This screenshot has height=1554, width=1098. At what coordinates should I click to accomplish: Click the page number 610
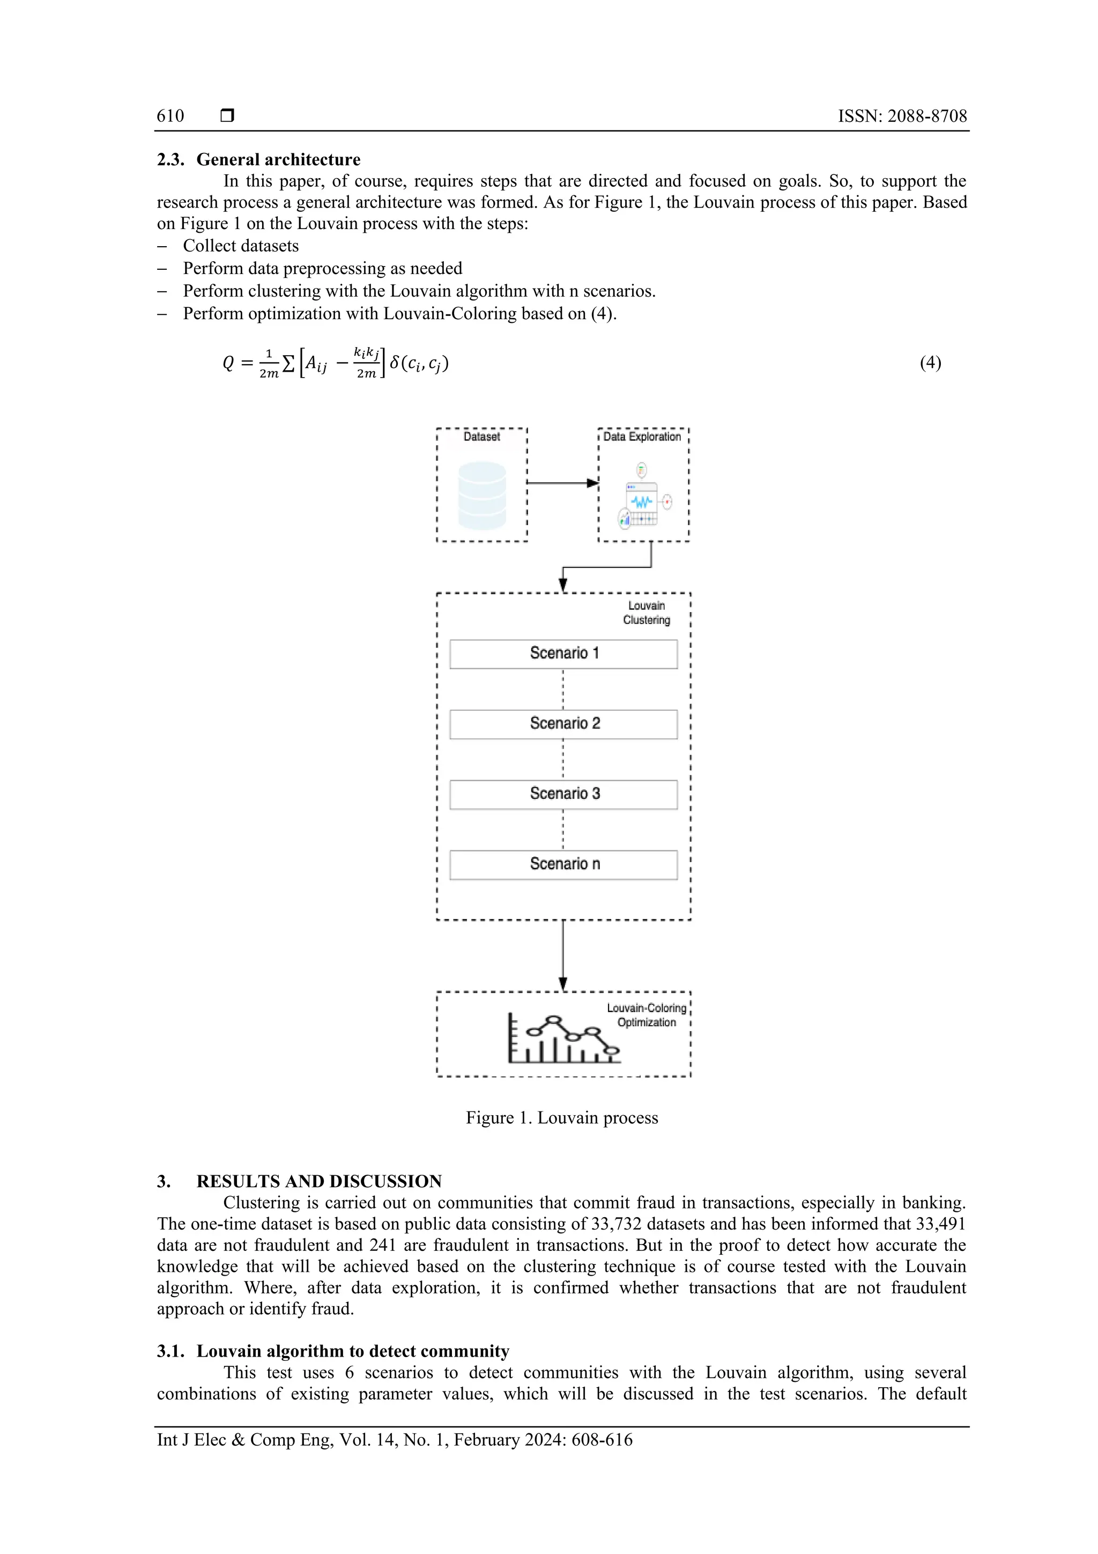point(170,116)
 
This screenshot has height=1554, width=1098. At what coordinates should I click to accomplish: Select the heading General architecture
point(278,160)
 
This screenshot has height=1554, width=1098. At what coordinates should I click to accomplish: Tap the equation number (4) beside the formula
point(930,363)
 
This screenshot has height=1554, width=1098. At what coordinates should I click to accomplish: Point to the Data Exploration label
point(642,437)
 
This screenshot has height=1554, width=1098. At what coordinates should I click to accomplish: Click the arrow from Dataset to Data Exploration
point(561,483)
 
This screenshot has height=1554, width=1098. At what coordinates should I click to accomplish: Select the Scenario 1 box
point(563,654)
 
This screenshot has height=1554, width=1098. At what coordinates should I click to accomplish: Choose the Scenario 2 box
point(563,724)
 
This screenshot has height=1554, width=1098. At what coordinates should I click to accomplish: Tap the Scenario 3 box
point(563,794)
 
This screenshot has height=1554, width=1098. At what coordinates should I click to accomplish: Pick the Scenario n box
point(563,864)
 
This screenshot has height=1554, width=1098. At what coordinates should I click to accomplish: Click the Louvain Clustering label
point(647,613)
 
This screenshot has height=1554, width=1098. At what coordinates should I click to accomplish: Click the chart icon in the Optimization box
point(563,1039)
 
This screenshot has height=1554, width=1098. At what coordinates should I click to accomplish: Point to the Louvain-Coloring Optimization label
point(647,1015)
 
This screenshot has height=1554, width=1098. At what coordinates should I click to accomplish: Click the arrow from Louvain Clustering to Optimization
point(563,954)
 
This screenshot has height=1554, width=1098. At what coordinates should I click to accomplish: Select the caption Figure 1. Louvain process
point(561,1117)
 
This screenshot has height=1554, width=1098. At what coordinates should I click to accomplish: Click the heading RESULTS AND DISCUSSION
point(318,1181)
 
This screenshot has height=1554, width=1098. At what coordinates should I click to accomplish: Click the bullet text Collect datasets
point(241,246)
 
